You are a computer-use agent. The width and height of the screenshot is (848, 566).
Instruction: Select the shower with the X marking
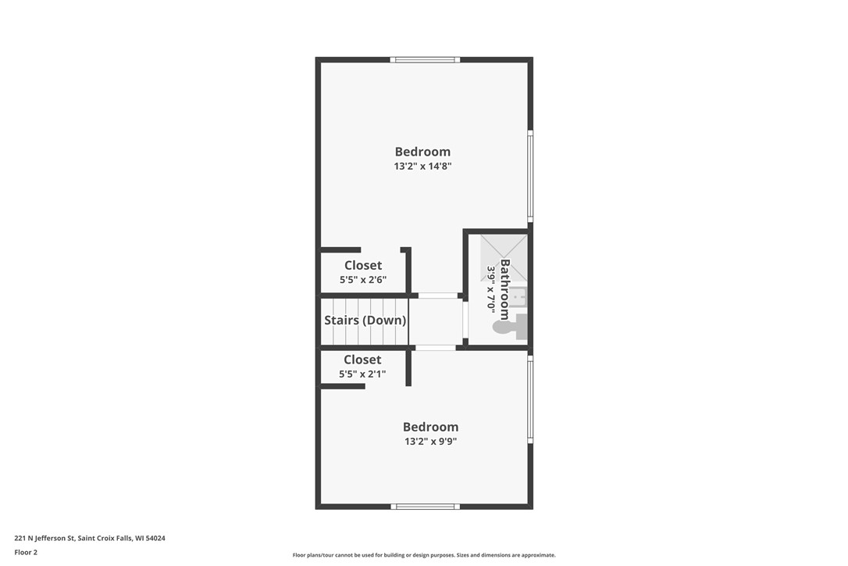pyautogui.click(x=503, y=256)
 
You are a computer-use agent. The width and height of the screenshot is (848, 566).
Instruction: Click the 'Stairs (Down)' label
pyautogui.click(x=365, y=321)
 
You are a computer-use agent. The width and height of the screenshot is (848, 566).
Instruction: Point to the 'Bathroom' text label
pyautogui.click(x=504, y=289)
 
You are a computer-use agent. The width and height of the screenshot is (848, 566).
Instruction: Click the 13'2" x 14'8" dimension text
pyautogui.click(x=422, y=167)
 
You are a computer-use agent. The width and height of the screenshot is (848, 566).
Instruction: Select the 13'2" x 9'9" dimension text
pyautogui.click(x=430, y=442)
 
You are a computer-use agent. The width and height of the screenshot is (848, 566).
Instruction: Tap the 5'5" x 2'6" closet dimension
pyautogui.click(x=363, y=280)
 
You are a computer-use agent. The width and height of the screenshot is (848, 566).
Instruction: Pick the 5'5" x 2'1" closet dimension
pyautogui.click(x=362, y=374)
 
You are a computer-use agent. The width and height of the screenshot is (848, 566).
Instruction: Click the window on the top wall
pyautogui.click(x=425, y=59)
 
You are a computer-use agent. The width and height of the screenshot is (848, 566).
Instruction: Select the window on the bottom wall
pyautogui.click(x=424, y=507)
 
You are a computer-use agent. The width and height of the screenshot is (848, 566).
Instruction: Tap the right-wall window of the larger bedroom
pyautogui.click(x=530, y=176)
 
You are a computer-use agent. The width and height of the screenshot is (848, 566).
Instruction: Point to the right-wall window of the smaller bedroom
pyautogui.click(x=530, y=399)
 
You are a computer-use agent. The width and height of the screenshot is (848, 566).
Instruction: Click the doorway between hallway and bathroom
pyautogui.click(x=465, y=320)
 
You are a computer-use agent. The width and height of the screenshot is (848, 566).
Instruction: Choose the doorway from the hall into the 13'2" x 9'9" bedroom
pyautogui.click(x=435, y=348)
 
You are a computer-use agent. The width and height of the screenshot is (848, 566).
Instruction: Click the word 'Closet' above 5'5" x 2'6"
pyautogui.click(x=363, y=266)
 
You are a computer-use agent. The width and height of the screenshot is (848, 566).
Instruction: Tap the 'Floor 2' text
pyautogui.click(x=26, y=553)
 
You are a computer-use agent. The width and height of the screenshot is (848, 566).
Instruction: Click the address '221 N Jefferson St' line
pyautogui.click(x=89, y=539)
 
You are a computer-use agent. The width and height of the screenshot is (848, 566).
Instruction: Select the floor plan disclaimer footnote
pyautogui.click(x=424, y=556)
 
